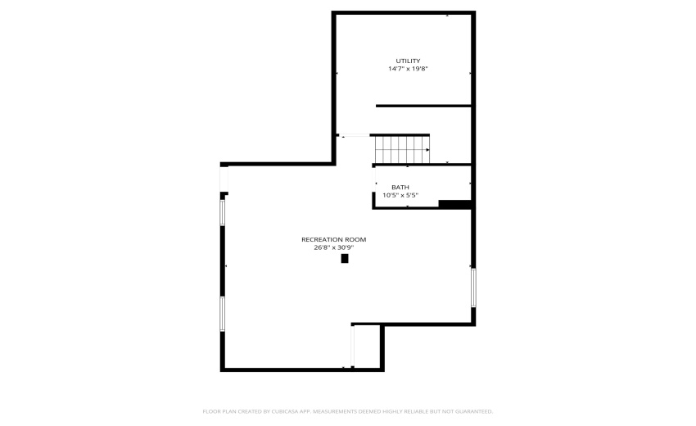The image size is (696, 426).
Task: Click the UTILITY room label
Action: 408,61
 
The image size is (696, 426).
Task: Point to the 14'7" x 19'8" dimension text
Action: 408,69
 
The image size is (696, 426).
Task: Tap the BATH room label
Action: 400,187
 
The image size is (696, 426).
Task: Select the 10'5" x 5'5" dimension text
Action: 400,195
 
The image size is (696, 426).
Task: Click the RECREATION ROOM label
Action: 333,239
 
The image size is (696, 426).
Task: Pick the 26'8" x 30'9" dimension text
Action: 333,247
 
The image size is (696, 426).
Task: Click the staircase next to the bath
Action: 400,150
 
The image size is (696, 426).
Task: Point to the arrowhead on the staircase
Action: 427,150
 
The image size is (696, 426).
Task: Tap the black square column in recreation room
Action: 345,258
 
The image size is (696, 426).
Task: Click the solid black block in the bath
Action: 454,204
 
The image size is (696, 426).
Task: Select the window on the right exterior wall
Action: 473,288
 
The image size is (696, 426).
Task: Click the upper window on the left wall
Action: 222,212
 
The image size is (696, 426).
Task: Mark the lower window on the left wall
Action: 222,314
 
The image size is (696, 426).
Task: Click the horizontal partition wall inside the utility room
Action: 423,106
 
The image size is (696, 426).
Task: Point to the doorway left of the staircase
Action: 355,136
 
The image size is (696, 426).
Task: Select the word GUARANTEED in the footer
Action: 472,411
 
